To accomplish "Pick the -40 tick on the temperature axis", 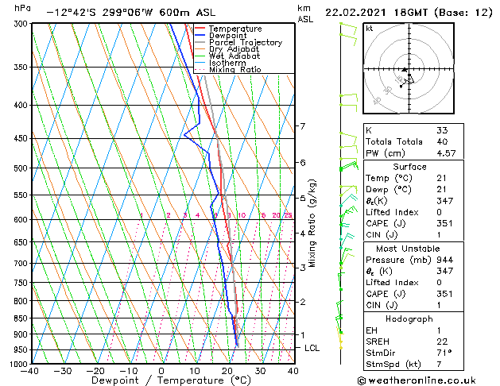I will tap(30, 371).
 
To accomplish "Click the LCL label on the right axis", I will tap(312, 348).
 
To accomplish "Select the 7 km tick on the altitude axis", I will tap(302, 126).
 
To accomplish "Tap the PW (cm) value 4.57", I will tap(446, 153).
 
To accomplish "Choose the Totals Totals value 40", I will tap(442, 141).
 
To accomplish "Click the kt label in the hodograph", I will tap(369, 28).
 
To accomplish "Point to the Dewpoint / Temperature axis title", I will tap(160, 381).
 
